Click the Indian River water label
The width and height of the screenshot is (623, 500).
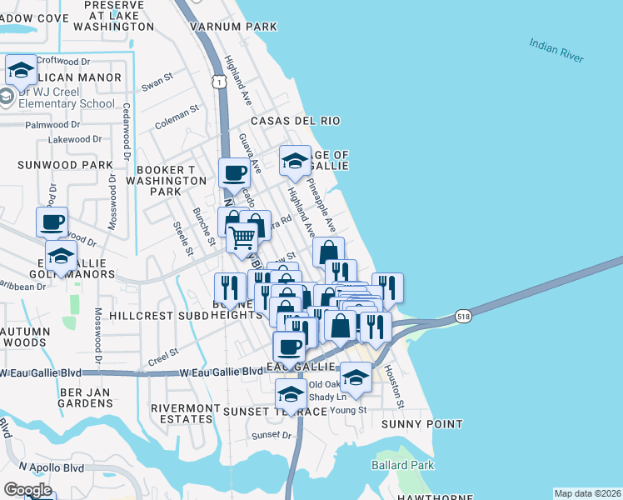click(x=556, y=49)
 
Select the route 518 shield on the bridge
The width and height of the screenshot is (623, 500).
click(x=464, y=317)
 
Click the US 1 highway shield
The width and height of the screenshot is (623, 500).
click(x=218, y=82)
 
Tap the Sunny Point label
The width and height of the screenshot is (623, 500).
click(x=421, y=424)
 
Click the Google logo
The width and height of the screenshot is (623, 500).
click(x=27, y=490)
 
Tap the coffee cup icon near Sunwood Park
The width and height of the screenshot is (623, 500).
click(x=52, y=222)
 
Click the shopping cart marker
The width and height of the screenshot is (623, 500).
click(x=242, y=237)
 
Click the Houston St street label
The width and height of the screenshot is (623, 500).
click(x=401, y=391)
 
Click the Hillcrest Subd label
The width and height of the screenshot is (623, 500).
click(x=145, y=317)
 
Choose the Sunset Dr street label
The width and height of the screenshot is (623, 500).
click(x=274, y=435)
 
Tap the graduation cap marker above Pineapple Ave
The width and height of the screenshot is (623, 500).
click(x=294, y=161)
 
